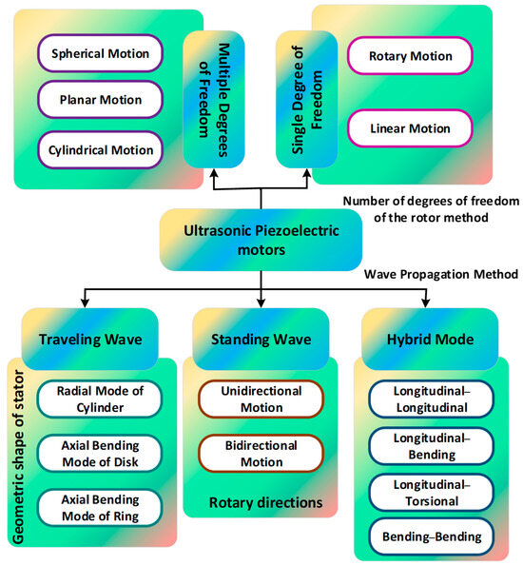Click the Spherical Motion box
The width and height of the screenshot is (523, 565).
click(100, 53)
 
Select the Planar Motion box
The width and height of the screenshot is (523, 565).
click(100, 101)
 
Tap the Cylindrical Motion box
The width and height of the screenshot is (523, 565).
click(100, 149)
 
